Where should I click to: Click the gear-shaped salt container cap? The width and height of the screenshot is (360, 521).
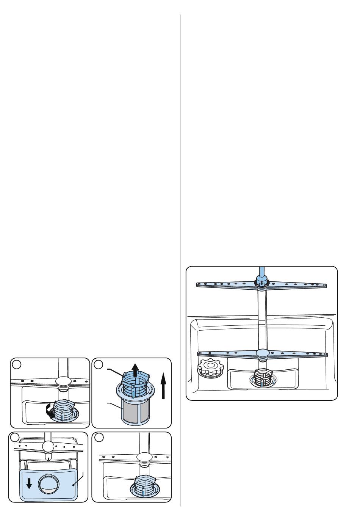pos(210,367)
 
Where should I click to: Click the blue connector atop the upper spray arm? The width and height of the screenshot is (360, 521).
pos(261,281)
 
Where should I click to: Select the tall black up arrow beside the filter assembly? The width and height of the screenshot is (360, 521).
pos(163,385)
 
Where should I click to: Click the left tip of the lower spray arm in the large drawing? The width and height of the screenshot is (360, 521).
pos(200,353)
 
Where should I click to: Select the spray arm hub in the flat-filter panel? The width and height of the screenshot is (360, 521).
pos(49,446)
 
